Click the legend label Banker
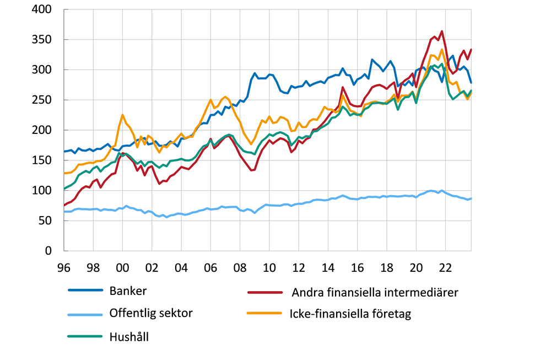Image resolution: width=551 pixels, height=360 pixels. [x=128, y=291]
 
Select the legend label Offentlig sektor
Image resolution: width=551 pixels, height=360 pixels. [x=151, y=313]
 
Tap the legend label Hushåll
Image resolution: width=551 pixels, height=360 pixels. [x=129, y=336]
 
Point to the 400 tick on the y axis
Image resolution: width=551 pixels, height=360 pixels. [x=42, y=10]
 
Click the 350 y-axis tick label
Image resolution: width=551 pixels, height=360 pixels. [x=42, y=40]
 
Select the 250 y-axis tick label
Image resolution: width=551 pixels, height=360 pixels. [x=42, y=100]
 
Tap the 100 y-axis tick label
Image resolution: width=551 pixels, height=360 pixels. [x=42, y=191]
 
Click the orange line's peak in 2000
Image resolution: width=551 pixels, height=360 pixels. [x=122, y=115]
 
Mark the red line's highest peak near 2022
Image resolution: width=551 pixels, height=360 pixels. [x=442, y=31]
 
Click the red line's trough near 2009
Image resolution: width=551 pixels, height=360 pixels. [x=251, y=170]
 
